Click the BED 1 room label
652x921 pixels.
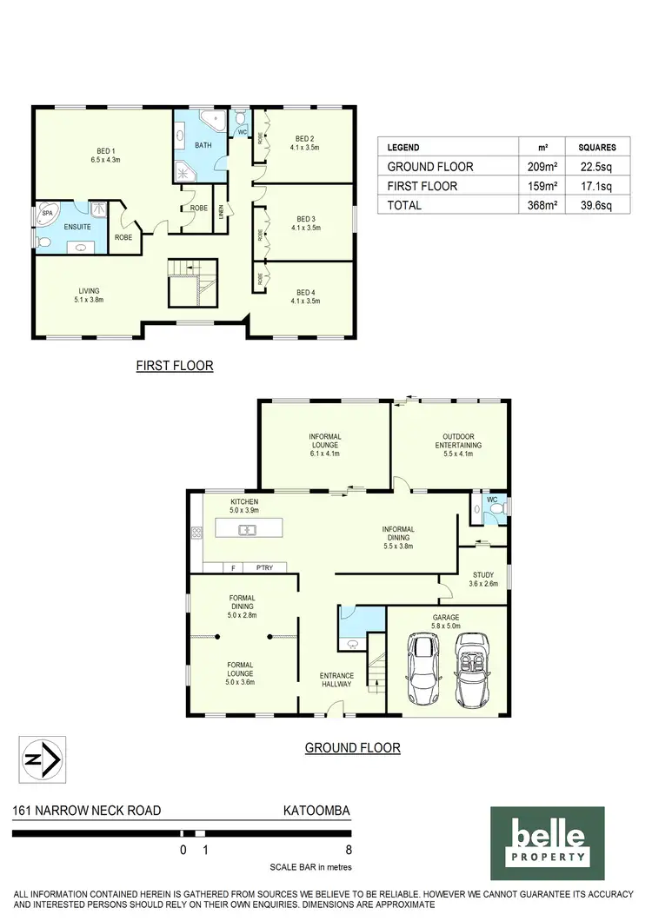(103, 155)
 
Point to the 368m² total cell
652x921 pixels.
(528, 205)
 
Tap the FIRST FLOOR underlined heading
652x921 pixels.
(174, 366)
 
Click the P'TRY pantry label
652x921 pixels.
(263, 568)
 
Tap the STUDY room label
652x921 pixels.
(483, 579)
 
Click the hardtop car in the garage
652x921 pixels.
(423, 667)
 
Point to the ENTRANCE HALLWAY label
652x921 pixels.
(336, 679)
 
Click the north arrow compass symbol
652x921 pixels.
(39, 759)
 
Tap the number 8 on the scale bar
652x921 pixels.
(349, 851)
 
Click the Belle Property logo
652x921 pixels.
(547, 843)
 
